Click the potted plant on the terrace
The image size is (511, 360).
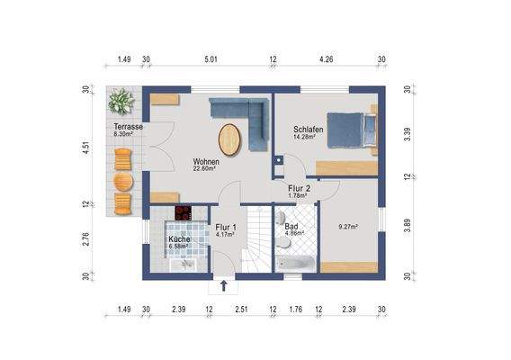point(121,102)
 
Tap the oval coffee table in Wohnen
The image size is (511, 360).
point(230,140)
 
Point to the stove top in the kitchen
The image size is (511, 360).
point(184,213)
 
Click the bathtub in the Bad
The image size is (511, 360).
point(296,264)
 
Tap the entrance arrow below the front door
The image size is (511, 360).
point(223,286)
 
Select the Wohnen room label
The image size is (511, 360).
point(206,161)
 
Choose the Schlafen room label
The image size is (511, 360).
point(309,129)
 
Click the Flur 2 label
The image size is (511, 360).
point(300,188)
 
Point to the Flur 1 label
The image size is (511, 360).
point(226,228)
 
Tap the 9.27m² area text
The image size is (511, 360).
point(348,227)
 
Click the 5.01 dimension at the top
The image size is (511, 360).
point(211,59)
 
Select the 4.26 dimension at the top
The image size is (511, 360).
point(327,59)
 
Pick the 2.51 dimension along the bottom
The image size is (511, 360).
point(241,309)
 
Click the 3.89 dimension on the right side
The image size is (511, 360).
point(408,225)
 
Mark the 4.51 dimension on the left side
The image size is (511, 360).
point(85,148)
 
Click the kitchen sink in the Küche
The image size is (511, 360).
point(184,265)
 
